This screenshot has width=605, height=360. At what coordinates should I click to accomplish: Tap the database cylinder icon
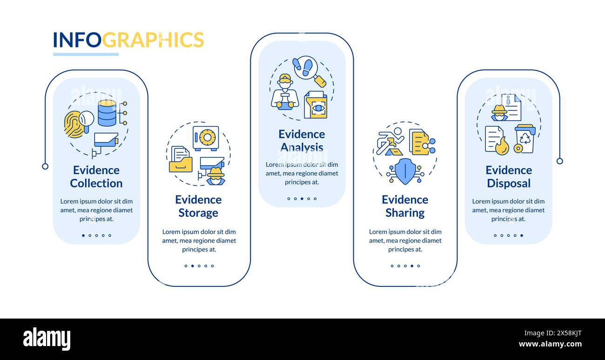[107, 113]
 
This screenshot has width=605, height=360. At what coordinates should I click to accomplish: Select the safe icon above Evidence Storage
[206, 138]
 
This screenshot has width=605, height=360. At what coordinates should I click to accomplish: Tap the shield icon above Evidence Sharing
[405, 171]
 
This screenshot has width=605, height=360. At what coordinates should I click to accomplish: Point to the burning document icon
[496, 140]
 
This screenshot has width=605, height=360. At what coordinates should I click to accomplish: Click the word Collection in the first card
[96, 183]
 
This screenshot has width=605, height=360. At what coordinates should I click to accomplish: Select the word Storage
[198, 213]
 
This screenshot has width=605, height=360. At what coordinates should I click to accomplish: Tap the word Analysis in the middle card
[302, 148]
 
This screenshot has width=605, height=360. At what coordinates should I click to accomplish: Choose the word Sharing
[405, 213]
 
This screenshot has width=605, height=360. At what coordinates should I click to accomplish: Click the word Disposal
[509, 183]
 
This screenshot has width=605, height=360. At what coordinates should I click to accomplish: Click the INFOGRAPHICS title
[128, 40]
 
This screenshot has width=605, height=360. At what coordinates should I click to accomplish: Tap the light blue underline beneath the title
[86, 54]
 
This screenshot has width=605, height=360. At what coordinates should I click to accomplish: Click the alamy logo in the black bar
[47, 339]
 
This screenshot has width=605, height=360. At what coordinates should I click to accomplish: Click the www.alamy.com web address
[550, 345]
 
